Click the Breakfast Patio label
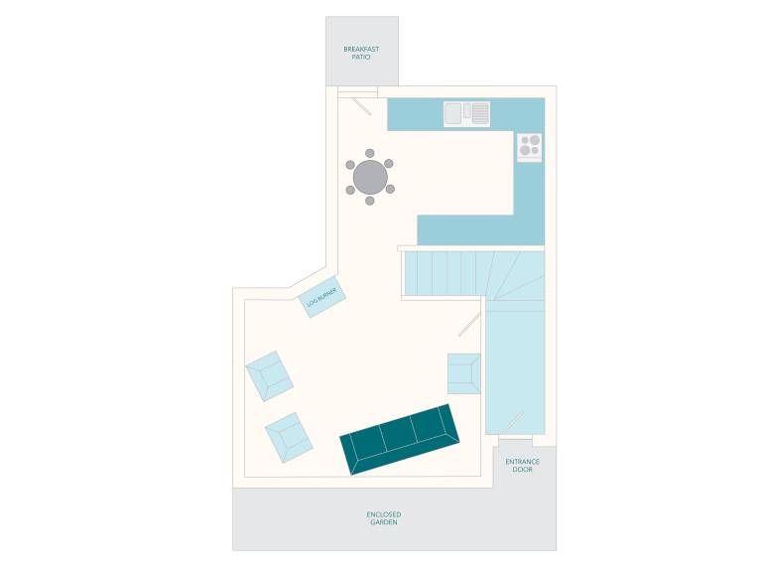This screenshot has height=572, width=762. (x=361, y=53)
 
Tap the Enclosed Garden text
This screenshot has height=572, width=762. (x=384, y=518)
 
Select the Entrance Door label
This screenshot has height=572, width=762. (x=523, y=466)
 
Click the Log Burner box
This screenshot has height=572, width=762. (x=322, y=297)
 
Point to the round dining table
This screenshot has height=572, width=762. (x=370, y=177)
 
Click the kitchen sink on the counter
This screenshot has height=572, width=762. (x=466, y=114)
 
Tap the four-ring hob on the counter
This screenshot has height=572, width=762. (x=530, y=146)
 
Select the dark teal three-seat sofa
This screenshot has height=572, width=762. (x=400, y=439)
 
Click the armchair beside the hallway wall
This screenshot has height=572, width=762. (x=464, y=373)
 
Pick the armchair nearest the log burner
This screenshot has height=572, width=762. (x=269, y=376)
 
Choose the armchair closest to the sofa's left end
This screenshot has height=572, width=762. (x=289, y=437)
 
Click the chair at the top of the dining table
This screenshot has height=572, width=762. (x=370, y=154)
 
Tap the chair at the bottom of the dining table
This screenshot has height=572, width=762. (x=370, y=201)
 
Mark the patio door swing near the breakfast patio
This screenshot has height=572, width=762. (x=361, y=106)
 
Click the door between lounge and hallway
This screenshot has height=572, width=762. (x=469, y=325)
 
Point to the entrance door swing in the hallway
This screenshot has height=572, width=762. (x=512, y=423)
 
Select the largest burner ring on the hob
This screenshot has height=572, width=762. (x=535, y=140)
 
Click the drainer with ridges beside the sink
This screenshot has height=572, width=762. (x=480, y=114)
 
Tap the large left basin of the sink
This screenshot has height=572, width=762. (x=452, y=113)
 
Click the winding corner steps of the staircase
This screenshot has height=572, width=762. (x=515, y=275)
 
